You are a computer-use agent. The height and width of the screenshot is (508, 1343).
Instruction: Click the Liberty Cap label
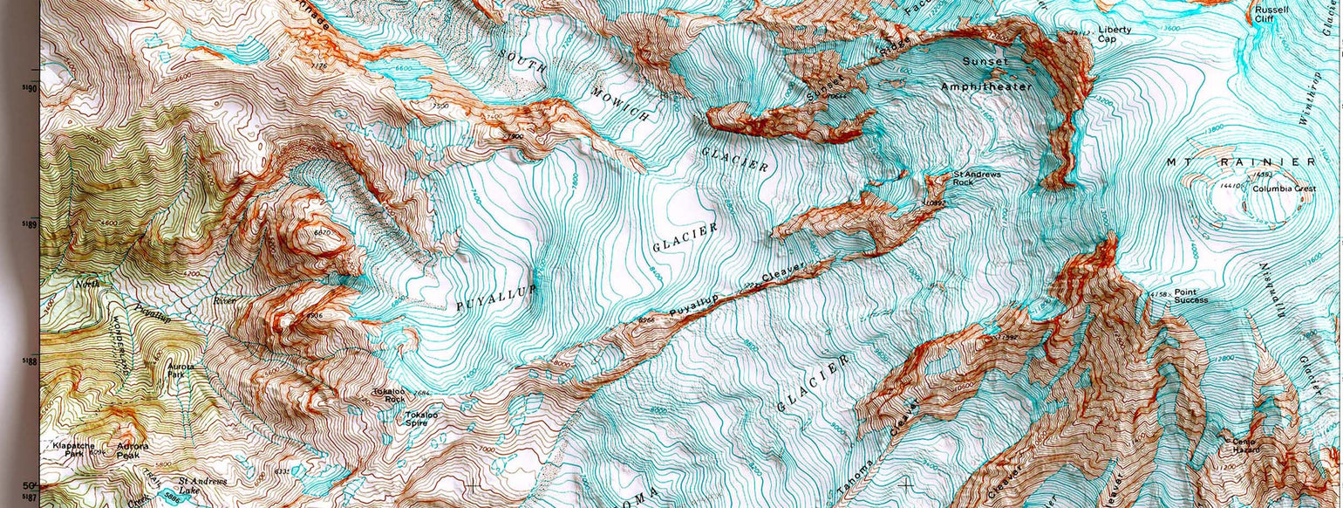pyautogui.click(x=1114, y=34)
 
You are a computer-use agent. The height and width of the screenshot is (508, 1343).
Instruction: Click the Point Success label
pyautogui.click(x=1191, y=296)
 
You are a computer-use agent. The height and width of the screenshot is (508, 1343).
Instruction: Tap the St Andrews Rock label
pyautogui.click(x=976, y=178)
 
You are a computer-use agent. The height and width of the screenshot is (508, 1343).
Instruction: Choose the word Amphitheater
pyautogui.click(x=985, y=86)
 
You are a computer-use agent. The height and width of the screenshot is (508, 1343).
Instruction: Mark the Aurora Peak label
pyautogui.click(x=133, y=451)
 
